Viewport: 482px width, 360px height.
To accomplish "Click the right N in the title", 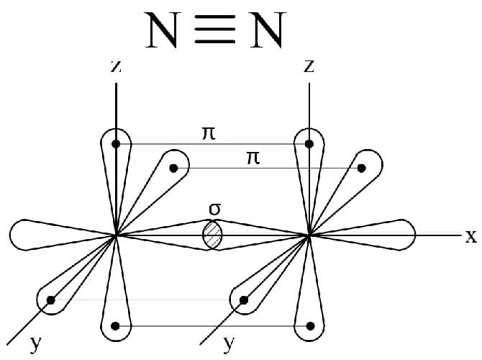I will (x=268, y=30).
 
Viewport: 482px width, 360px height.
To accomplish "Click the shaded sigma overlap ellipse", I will (x=212, y=235).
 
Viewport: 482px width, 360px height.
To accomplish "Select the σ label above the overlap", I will (x=214, y=210).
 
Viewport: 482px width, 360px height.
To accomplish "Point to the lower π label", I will (x=253, y=157).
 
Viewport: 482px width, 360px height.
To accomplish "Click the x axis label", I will (x=470, y=236).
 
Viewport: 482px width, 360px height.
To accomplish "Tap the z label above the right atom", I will (x=309, y=66).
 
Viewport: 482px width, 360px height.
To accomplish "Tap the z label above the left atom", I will (x=116, y=66).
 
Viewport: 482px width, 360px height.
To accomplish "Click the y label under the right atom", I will (x=229, y=343).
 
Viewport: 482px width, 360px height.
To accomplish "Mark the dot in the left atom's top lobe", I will (x=116, y=144).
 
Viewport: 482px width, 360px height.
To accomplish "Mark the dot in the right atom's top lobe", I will (x=309, y=144).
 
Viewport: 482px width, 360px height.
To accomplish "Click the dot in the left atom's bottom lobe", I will (x=116, y=327).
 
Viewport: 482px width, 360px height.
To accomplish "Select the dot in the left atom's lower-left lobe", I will (x=50, y=300).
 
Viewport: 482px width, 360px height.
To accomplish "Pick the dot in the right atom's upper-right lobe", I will (x=362, y=168).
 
